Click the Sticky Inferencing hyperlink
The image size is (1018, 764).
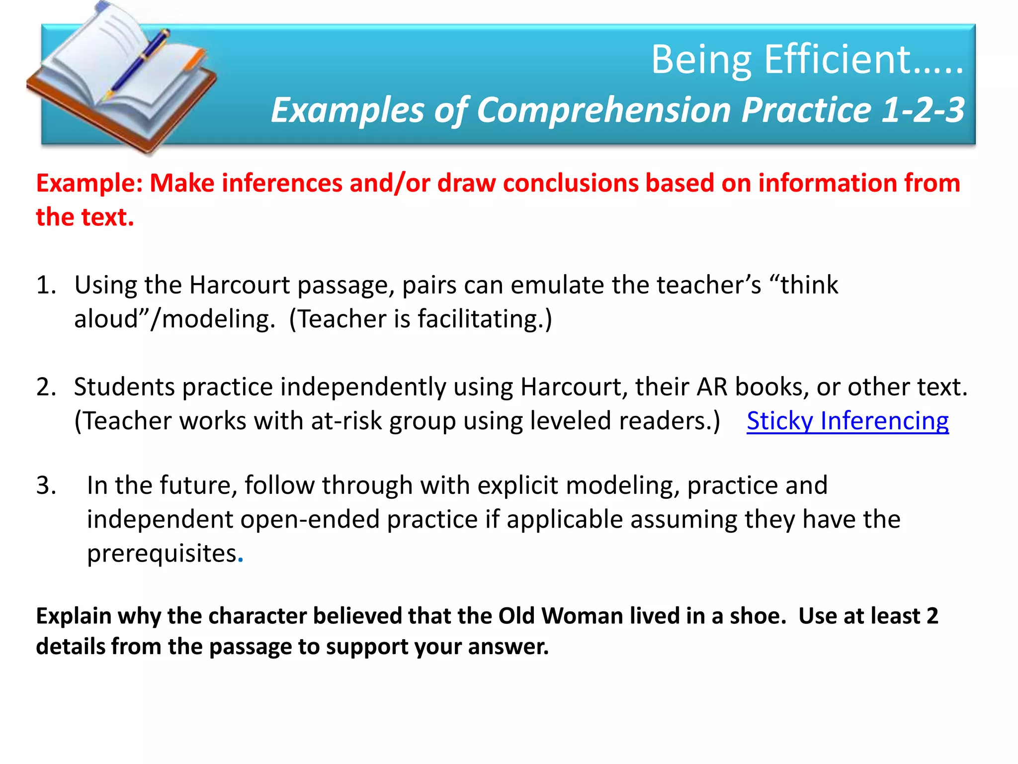point(847,421)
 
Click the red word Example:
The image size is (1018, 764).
point(89,183)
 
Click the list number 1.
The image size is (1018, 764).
point(46,286)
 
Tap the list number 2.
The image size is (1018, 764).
point(46,387)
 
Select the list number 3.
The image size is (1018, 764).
point(46,485)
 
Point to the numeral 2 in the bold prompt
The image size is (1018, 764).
point(932,616)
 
